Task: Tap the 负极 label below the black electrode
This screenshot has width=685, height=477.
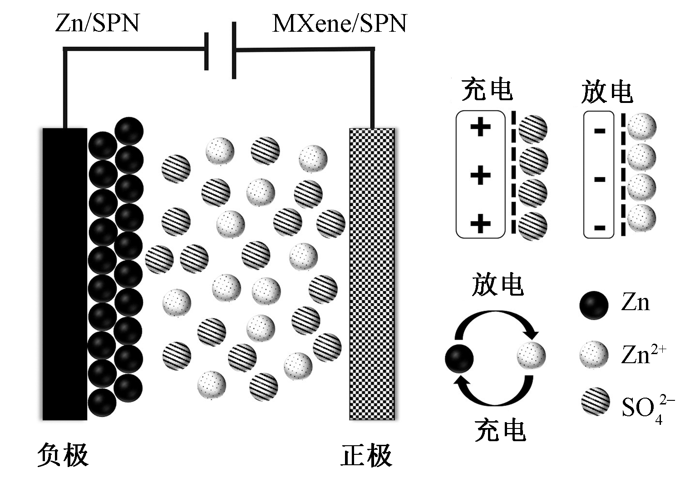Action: tap(63, 455)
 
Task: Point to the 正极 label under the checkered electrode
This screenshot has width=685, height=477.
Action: tap(366, 455)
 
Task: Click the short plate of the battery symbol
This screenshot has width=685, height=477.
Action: tap(207, 51)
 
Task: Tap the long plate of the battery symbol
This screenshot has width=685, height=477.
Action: tap(234, 50)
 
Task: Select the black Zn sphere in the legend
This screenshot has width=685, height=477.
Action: tap(594, 305)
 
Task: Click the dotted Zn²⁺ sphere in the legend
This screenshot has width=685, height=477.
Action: tap(594, 355)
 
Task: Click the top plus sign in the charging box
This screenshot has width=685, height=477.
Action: tap(480, 127)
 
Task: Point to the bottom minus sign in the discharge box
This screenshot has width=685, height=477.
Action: tap(599, 227)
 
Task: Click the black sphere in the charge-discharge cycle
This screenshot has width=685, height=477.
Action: tap(459, 358)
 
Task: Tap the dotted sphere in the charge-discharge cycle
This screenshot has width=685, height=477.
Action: tap(531, 355)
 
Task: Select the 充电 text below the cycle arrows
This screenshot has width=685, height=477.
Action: tap(500, 430)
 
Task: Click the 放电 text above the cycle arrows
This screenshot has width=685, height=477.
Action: tap(498, 285)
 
